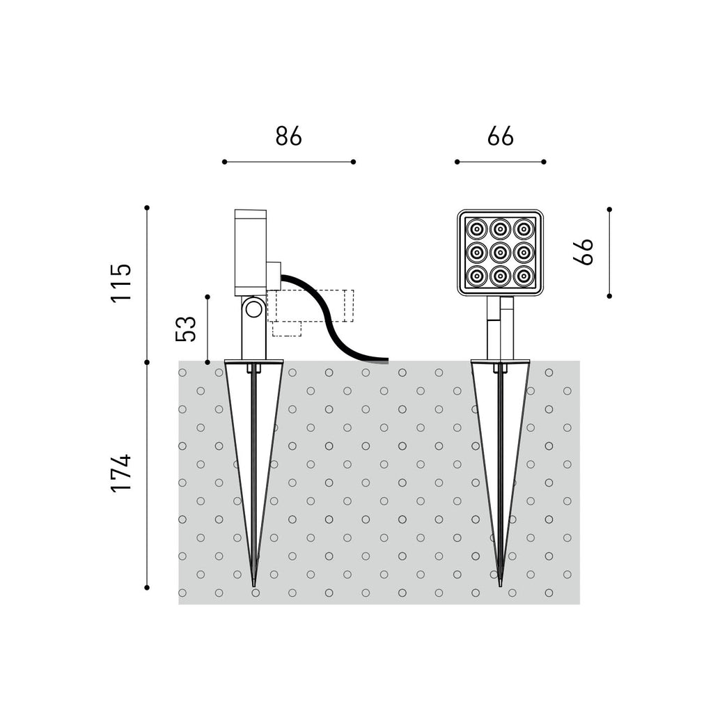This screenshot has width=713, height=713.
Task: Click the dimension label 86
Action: (x=288, y=136)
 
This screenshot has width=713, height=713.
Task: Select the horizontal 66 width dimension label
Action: (x=500, y=136)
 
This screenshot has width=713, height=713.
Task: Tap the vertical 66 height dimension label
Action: (x=583, y=251)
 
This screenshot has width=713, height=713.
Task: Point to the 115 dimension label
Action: (x=121, y=283)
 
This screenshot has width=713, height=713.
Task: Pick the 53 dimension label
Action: (x=186, y=329)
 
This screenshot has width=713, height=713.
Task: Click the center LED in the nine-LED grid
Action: (x=500, y=251)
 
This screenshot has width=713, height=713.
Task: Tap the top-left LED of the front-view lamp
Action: (x=476, y=228)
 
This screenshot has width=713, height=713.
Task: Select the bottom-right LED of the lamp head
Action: (x=524, y=275)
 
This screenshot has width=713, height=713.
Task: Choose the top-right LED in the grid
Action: (x=524, y=228)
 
